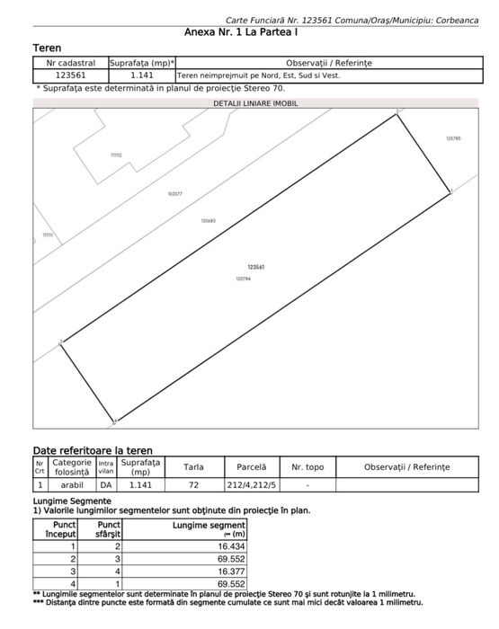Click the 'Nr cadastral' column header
click(x=70, y=64)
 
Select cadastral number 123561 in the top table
click(x=70, y=76)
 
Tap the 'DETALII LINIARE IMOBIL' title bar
click(x=255, y=103)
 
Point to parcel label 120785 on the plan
click(x=452, y=138)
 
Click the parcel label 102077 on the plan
click(x=174, y=194)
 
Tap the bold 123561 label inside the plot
click(x=254, y=267)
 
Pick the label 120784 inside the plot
click(x=243, y=279)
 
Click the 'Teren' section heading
click(x=47, y=47)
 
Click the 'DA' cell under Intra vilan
click(x=106, y=484)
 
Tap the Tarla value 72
click(x=193, y=484)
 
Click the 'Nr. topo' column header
click(x=307, y=467)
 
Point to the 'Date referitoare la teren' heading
click(x=93, y=450)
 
